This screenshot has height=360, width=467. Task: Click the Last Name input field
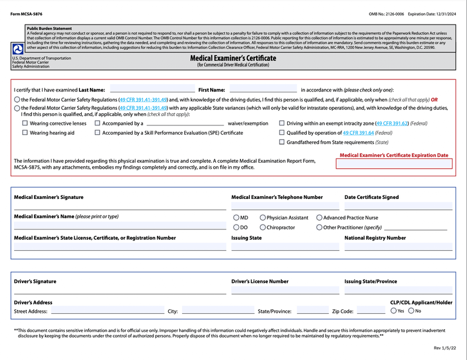coord(152,89)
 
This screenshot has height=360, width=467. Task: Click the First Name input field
coord(263,89)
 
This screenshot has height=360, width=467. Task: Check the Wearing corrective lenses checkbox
coord(25,124)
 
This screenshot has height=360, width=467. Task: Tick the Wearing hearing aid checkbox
coord(25,133)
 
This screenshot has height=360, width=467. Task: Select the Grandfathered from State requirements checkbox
coord(282,142)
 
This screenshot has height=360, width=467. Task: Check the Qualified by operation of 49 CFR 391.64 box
coord(282,133)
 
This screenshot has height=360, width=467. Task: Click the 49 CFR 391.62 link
coord(392,124)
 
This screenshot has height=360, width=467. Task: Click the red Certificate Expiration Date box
coord(395,164)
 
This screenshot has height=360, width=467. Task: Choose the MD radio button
coord(236,218)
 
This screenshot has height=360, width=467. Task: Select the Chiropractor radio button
coord(263,228)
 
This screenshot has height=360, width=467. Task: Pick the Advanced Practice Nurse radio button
coord(319,218)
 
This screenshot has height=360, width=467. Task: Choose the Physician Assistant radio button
coord(263,218)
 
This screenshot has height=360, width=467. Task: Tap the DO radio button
coord(236,228)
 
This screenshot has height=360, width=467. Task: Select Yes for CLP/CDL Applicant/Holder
coord(393,311)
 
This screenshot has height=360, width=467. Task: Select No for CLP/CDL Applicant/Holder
coord(412,311)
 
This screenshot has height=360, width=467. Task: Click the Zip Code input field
coord(371,310)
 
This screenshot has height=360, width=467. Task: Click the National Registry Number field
coord(398,246)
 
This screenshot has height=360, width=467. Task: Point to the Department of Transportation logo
coord(18,50)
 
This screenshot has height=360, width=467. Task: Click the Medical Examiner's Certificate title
coord(233,58)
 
